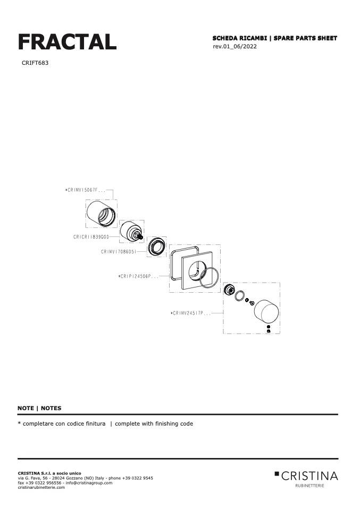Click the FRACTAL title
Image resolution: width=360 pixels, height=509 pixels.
click(x=67, y=42)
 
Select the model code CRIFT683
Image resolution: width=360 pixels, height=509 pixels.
click(x=35, y=63)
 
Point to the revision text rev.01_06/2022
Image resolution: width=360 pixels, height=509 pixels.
click(x=235, y=46)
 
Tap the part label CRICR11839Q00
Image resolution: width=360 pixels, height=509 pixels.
click(x=91, y=237)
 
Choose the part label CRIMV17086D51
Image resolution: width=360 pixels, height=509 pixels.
click(x=119, y=252)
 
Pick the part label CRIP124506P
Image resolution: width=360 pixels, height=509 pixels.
click(x=138, y=276)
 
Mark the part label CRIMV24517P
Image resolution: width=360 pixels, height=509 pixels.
click(x=191, y=313)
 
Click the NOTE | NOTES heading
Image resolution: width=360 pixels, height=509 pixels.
click(x=39, y=408)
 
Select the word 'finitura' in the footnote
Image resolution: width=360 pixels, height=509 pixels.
click(x=96, y=423)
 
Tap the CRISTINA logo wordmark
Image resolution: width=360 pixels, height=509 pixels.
click(x=306, y=476)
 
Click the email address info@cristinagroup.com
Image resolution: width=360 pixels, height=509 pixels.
click(x=89, y=483)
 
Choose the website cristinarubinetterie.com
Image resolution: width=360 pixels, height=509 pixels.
click(x=41, y=487)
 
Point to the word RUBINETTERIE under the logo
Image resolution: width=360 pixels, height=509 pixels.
click(x=309, y=486)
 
